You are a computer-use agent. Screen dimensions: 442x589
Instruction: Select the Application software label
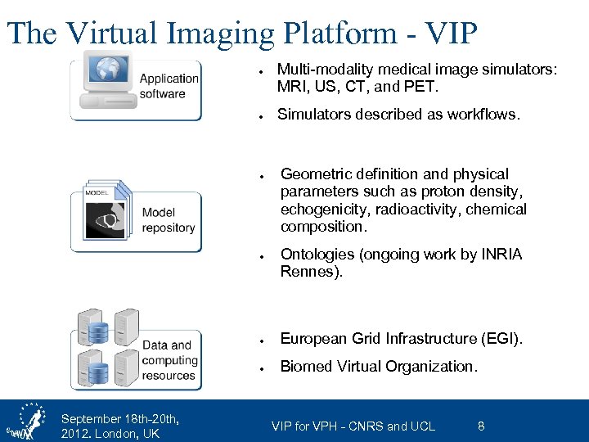[169, 86]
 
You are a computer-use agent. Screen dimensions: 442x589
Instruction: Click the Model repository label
[169, 220]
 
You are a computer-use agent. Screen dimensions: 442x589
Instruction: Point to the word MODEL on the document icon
[97, 192]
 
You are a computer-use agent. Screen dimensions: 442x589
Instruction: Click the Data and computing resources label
[169, 360]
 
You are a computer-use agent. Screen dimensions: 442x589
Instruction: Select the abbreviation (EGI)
[499, 338]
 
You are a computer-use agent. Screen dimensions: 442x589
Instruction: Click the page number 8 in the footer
[481, 426]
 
